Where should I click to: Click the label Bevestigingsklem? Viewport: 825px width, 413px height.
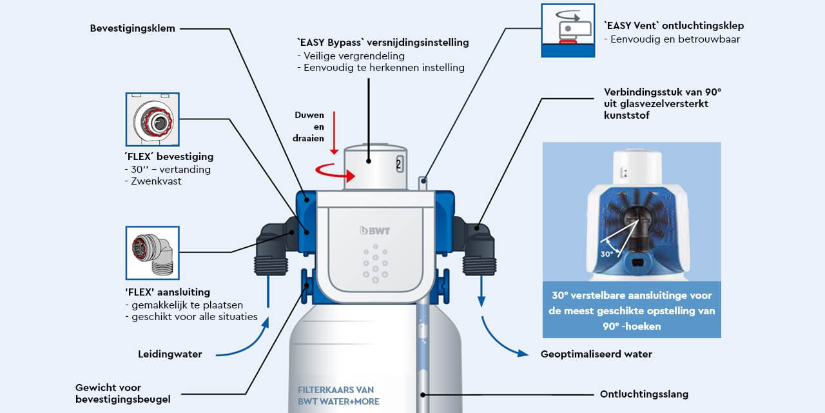point(132,28)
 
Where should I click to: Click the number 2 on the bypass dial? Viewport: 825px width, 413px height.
point(398,164)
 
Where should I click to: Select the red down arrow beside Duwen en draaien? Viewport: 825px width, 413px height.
point(333,132)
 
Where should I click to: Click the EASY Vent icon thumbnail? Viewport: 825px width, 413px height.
point(568,30)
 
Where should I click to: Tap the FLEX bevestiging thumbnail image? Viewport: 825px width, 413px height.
point(152,119)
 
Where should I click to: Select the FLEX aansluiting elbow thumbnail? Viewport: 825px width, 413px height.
point(152,252)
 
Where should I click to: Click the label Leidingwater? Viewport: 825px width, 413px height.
point(170,354)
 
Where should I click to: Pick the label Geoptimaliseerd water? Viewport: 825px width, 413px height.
point(596,354)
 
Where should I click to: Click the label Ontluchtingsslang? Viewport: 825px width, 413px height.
point(644,394)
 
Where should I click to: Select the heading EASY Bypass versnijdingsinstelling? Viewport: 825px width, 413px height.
point(383,43)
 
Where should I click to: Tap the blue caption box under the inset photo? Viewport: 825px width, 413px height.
point(632,310)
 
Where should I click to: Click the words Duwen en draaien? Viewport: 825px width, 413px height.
point(311,127)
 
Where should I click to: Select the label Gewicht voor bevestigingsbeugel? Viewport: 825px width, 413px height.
point(122,394)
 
